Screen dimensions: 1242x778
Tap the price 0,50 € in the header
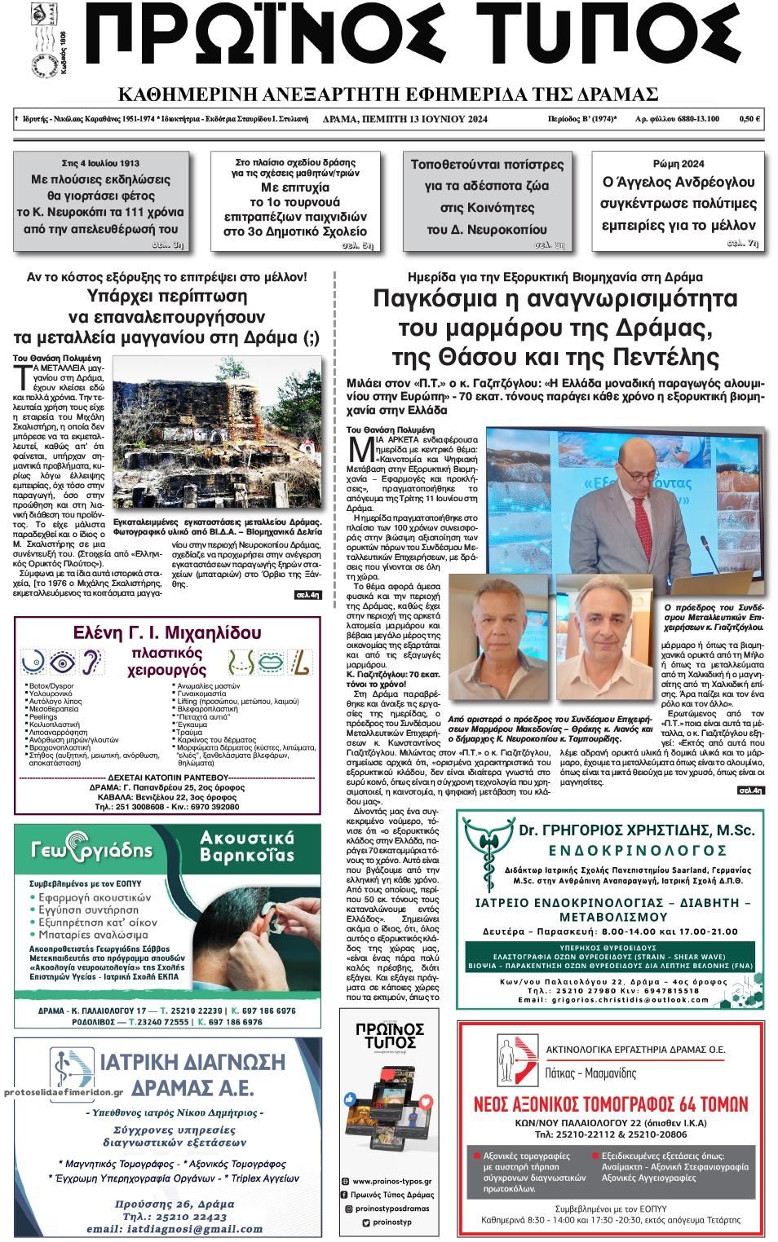pos(749,119)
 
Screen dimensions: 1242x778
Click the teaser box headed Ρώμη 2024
pos(679,200)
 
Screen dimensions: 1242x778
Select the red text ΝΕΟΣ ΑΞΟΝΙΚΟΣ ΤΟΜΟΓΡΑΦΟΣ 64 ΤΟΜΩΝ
pos(611,1103)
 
